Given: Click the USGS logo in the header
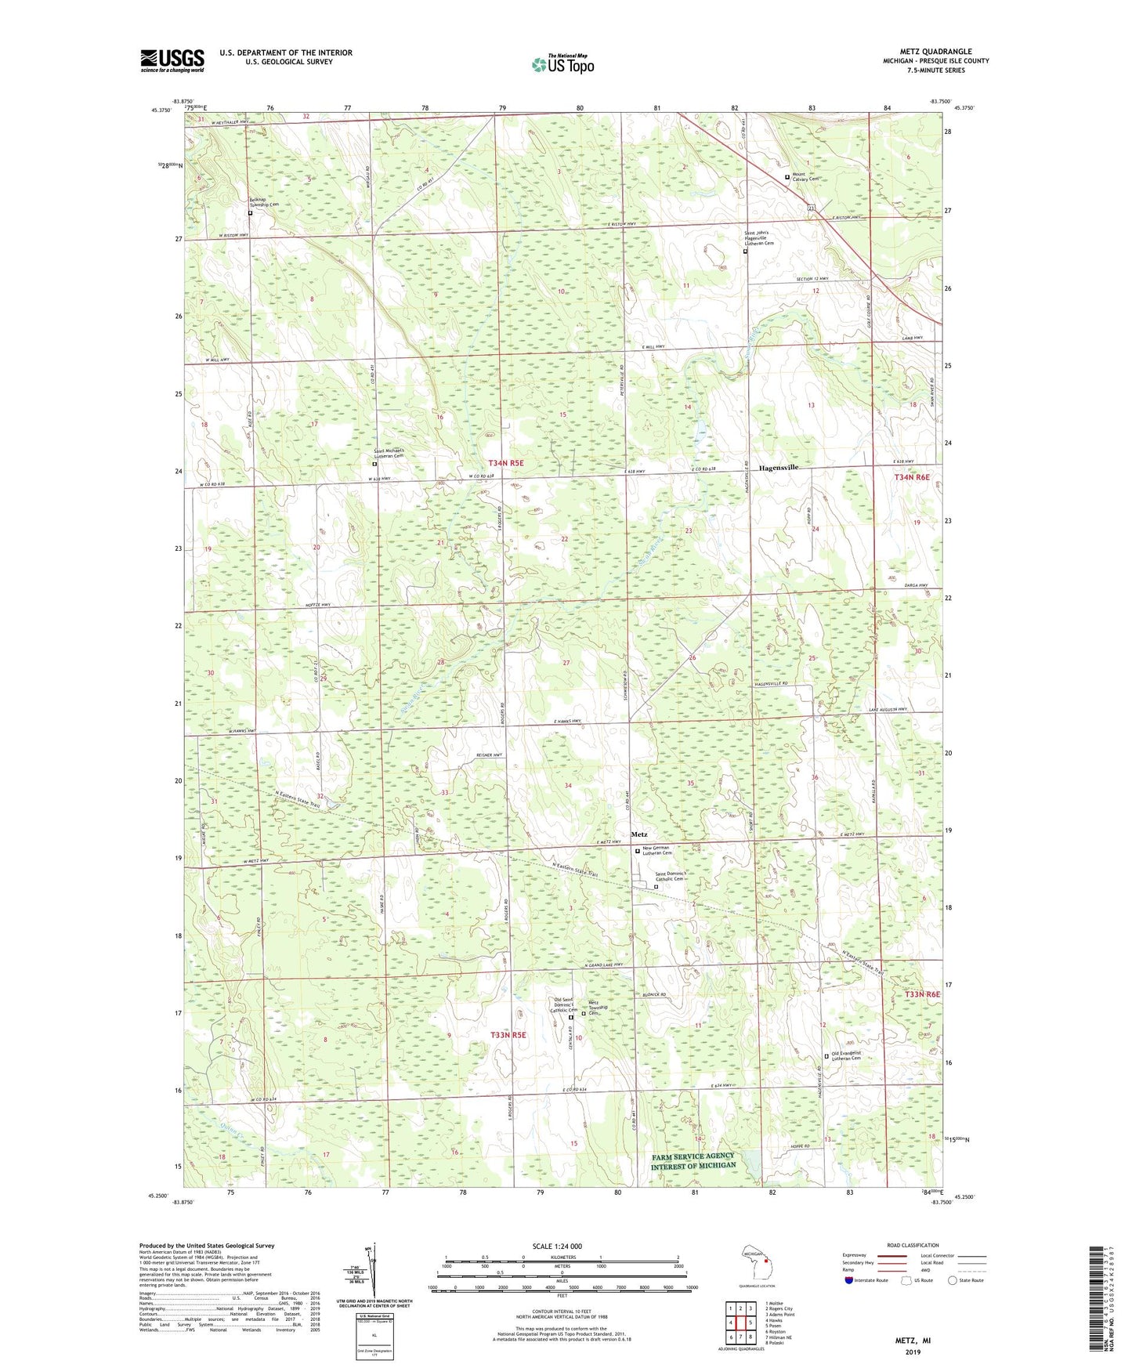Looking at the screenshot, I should (x=172, y=60).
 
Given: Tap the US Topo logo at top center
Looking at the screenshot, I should (x=561, y=64).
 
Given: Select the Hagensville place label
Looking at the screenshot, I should (x=779, y=467).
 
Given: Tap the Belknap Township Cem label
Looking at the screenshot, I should (x=264, y=203).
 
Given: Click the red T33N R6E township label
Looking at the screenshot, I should (x=921, y=994).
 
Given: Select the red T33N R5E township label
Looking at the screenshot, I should (x=508, y=1035).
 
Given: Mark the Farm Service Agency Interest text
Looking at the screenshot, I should (x=693, y=1160).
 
